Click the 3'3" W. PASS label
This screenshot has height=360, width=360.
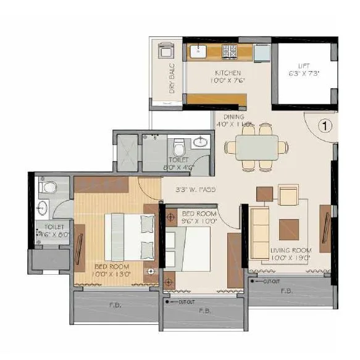tap(195, 190)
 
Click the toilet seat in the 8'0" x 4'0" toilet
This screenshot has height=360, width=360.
tap(179, 148)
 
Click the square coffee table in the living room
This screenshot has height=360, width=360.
tap(288, 230)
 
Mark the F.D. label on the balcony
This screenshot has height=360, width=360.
tap(115, 304)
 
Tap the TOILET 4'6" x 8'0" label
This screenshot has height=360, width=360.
tap(50, 230)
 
